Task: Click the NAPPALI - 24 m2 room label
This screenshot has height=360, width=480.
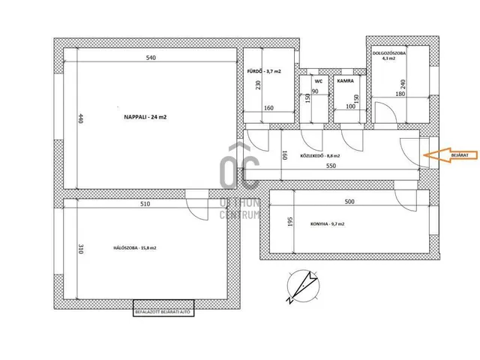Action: [x=145, y=117]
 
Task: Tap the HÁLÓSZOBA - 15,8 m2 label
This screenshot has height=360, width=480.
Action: [x=135, y=248]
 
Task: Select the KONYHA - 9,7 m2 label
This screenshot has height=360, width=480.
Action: [x=327, y=224]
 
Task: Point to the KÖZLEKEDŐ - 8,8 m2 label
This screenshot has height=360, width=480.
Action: [x=320, y=156]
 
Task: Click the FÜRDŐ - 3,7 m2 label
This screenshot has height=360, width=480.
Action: [x=264, y=71]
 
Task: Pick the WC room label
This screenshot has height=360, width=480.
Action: [x=318, y=81]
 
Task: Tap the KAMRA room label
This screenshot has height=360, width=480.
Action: [x=345, y=81]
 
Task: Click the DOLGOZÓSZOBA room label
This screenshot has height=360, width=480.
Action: [x=388, y=53]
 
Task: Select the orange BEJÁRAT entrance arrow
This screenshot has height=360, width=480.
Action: [x=451, y=155]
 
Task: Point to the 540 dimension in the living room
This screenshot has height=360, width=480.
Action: [x=151, y=58]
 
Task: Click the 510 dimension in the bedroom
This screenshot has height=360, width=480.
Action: [x=145, y=204]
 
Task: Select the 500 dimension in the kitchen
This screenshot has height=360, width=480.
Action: [x=349, y=202]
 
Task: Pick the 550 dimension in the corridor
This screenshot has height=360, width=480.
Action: [x=331, y=166]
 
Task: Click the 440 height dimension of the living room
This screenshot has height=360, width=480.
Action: [x=81, y=118]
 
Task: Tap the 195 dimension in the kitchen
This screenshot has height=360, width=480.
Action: [x=290, y=222]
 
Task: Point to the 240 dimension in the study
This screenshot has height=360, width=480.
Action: [x=403, y=85]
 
